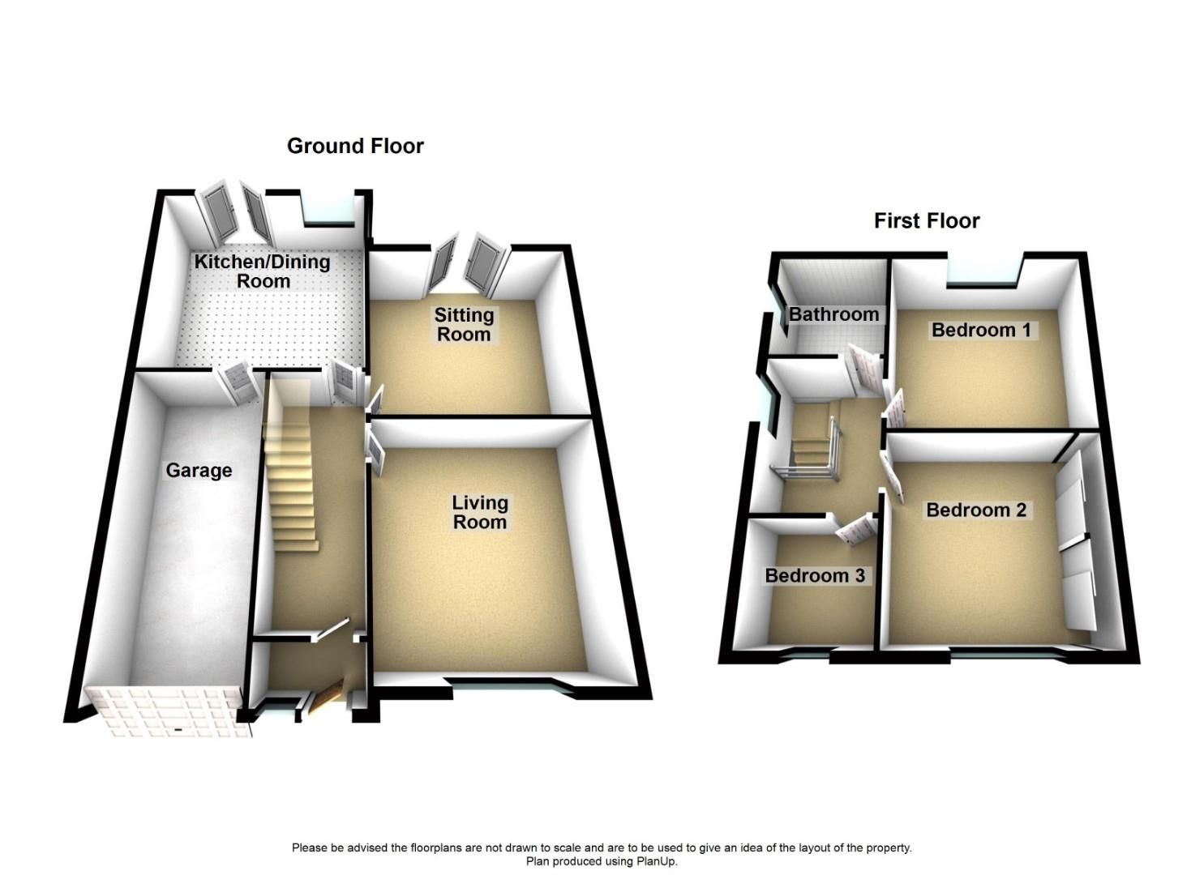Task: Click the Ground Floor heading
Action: pos(355,146)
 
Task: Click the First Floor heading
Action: pos(926,220)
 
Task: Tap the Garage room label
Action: pos(199,471)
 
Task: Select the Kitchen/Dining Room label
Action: pos(262,271)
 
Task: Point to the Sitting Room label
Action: pos(464,324)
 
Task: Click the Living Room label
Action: pos(480,512)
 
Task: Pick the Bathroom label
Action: pos(834,314)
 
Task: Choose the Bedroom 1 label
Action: pos(981,330)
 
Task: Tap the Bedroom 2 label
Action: pos(976,510)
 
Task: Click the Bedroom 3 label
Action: pos(815,575)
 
